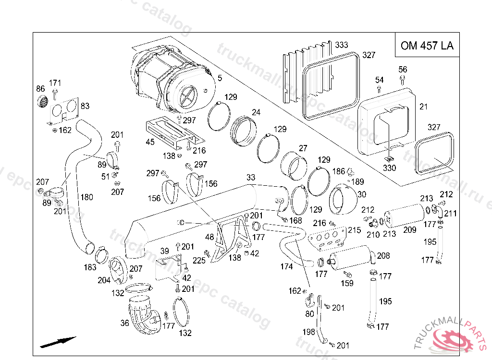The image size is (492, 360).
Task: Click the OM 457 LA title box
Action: pyautogui.click(x=427, y=46)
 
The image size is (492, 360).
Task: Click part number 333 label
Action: pyautogui.click(x=341, y=45)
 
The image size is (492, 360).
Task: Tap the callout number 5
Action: pyautogui.click(x=219, y=78)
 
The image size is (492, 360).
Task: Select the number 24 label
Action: pyautogui.click(x=256, y=112)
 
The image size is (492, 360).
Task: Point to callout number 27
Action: pyautogui.click(x=303, y=148)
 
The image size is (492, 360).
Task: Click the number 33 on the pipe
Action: pyautogui.click(x=251, y=177)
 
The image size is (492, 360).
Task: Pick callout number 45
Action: pyautogui.click(x=150, y=142)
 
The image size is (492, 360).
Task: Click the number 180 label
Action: pyautogui.click(x=86, y=197)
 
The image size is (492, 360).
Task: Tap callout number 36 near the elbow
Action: pyautogui.click(x=124, y=323)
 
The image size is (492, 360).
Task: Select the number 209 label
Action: pyautogui.click(x=410, y=230)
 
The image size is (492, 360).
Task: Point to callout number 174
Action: pyautogui.click(x=286, y=266)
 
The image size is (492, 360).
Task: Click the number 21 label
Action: pyautogui.click(x=423, y=107)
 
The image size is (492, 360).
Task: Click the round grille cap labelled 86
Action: pyautogui.click(x=43, y=101)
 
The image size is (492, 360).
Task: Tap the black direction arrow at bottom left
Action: pyautogui.click(x=58, y=341)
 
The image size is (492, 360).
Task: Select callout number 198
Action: pyautogui.click(x=308, y=331)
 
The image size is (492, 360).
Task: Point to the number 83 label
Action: pyautogui.click(x=85, y=106)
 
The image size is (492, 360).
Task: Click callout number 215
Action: pyautogui.click(x=354, y=230)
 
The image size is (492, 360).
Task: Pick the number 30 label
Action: pyautogui.click(x=361, y=194)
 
